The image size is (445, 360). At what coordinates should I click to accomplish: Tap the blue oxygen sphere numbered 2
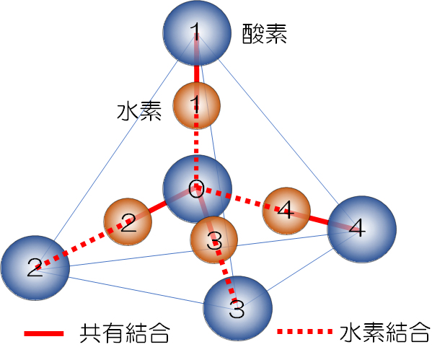(35, 268)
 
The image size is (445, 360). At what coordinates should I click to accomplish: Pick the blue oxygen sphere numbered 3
(237, 309)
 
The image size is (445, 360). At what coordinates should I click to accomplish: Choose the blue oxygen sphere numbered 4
(361, 229)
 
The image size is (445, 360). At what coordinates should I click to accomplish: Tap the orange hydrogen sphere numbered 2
(128, 223)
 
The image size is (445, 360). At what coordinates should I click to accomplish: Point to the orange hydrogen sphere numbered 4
(286, 211)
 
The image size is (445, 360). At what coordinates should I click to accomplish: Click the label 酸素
(265, 34)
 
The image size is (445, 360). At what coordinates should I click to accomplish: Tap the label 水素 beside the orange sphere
(139, 112)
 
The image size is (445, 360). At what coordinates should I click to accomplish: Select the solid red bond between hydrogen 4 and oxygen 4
(317, 219)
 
